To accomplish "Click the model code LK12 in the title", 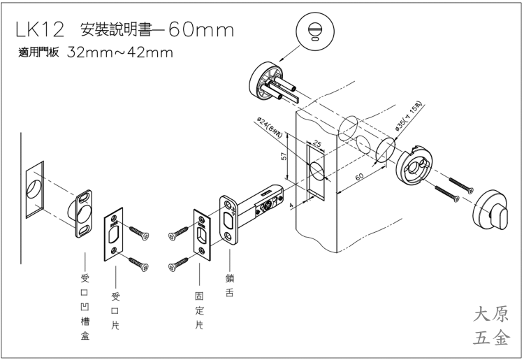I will (39, 30).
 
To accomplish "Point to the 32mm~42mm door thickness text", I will (120, 54).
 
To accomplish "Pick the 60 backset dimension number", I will (359, 178).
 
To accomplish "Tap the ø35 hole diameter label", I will (407, 116).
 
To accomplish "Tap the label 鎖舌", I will (228, 285).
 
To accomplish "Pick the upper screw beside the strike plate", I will (138, 232).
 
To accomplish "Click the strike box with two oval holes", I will (82, 209).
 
